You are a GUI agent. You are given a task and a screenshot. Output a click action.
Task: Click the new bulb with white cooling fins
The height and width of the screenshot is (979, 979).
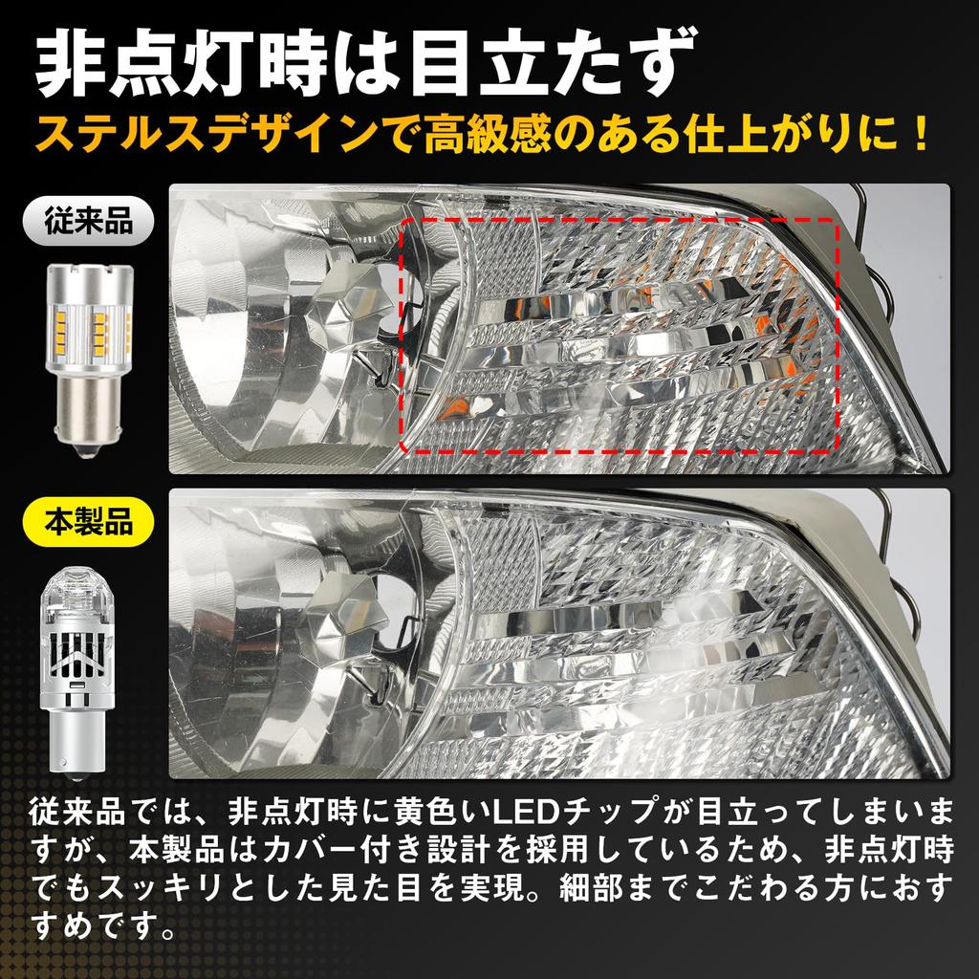pyautogui.click(x=89, y=660)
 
